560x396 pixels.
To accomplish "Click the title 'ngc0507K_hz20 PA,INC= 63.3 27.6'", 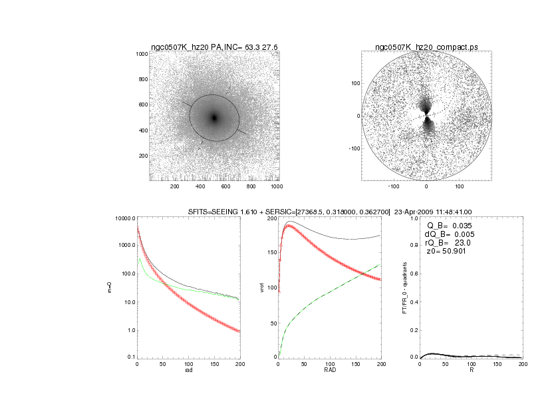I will pos(214,47).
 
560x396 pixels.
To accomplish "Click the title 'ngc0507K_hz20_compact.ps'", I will pos(426,47).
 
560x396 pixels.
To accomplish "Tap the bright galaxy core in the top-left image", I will pos(214,118).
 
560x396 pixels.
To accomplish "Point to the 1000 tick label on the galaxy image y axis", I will pos(141,55).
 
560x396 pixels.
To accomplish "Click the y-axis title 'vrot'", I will pos(262,288).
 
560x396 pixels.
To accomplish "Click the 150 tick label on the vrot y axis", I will pos(270,253).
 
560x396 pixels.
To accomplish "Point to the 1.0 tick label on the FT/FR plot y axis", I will pos(413,218).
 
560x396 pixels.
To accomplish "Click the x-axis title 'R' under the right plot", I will pos(472,370).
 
